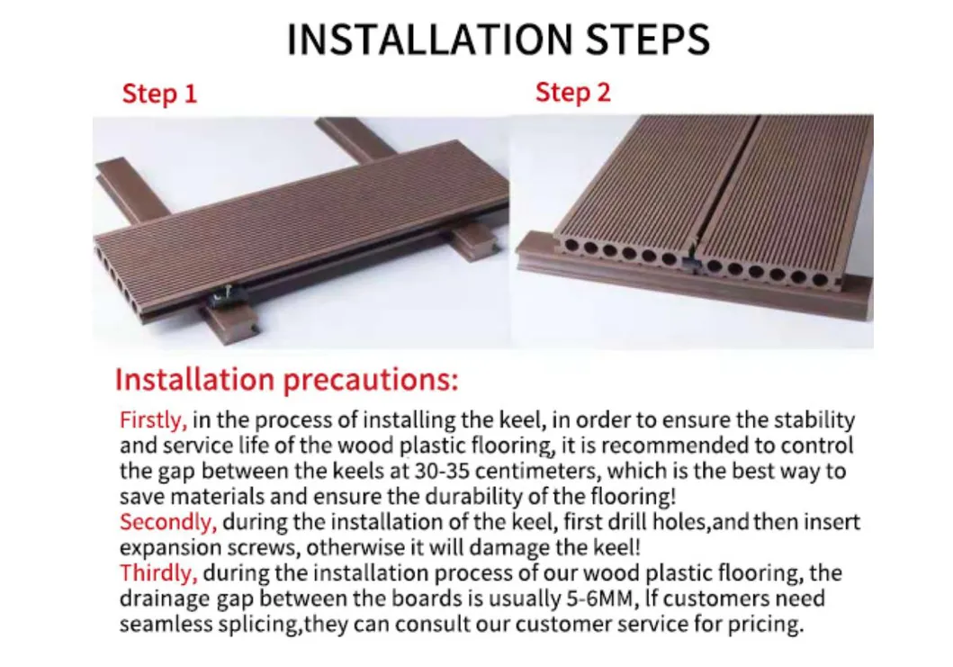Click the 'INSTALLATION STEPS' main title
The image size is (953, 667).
(x=498, y=39)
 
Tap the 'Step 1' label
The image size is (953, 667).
(x=159, y=94)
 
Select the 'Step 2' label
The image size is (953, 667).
(x=572, y=92)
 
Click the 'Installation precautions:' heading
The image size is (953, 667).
(x=286, y=379)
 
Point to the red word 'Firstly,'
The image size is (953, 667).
(x=153, y=419)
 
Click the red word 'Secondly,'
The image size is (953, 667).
(x=168, y=522)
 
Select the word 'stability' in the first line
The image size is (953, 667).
(x=814, y=419)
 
